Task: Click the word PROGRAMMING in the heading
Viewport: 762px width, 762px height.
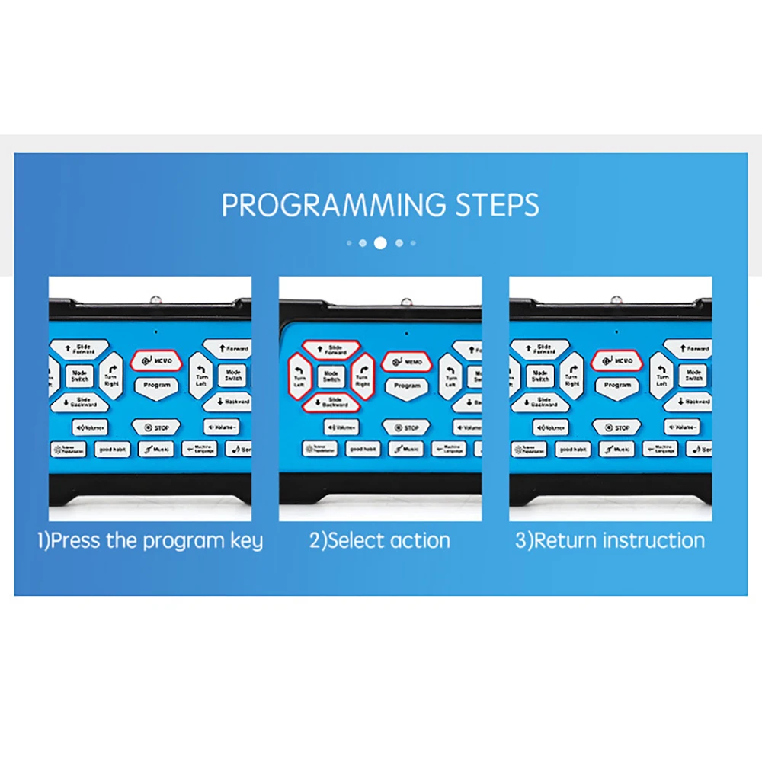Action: [x=334, y=206]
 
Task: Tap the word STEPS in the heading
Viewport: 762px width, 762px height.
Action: [x=498, y=206]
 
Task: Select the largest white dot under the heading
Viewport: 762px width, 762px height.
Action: [x=380, y=243]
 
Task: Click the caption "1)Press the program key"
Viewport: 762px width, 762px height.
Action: [x=150, y=541]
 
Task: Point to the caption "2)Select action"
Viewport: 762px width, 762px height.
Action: [x=379, y=541]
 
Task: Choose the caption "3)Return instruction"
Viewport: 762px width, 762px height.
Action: [x=610, y=541]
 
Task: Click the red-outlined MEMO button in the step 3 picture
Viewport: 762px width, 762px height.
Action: [x=616, y=361]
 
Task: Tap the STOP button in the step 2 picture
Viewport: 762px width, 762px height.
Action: [x=406, y=428]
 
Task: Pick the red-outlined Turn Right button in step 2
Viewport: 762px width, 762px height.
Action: [x=363, y=375]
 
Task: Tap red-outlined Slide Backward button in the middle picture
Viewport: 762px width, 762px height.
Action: [x=331, y=402]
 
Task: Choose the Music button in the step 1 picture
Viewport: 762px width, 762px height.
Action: [x=155, y=450]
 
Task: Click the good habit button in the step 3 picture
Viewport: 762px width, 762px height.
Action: [x=573, y=450]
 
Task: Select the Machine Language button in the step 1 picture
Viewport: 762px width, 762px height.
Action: [x=200, y=450]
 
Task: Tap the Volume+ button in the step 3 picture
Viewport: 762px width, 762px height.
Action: [x=550, y=427]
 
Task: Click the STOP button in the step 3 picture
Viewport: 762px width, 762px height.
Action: [x=617, y=427]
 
